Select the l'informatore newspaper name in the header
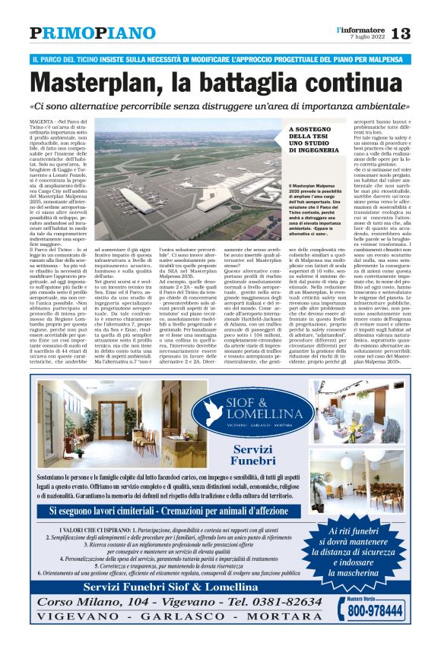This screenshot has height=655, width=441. (x=360, y=29)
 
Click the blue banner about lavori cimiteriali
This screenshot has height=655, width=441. (x=220, y=512)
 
